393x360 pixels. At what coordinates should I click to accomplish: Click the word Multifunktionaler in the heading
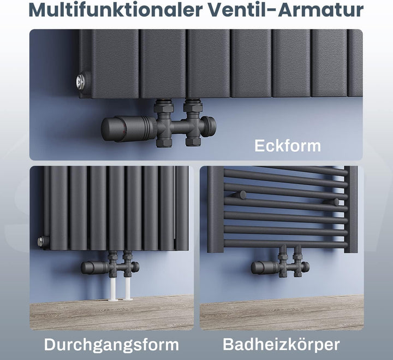(116, 9)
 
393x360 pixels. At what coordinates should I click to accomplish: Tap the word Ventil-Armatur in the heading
(286, 9)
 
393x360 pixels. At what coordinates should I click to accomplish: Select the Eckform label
(288, 145)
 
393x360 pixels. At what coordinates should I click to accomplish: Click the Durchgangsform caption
(111, 345)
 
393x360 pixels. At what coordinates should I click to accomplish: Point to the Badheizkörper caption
(281, 344)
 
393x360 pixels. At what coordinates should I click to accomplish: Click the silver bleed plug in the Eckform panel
(81, 81)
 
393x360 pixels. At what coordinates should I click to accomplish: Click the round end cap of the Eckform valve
(209, 126)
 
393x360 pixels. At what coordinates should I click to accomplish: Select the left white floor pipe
(113, 288)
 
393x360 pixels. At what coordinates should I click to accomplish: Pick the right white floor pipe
(128, 288)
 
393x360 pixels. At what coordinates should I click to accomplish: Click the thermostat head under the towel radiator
(265, 268)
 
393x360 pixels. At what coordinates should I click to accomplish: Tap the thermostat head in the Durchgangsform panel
(95, 268)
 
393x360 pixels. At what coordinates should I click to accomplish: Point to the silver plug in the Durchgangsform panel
(40, 242)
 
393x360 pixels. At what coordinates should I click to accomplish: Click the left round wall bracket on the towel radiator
(242, 194)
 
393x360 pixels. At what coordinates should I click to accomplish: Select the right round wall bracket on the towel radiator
(335, 202)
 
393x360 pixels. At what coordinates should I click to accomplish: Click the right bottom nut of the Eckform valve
(193, 142)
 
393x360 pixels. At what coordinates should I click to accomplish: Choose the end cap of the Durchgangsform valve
(135, 267)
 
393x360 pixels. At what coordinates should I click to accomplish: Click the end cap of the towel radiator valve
(306, 267)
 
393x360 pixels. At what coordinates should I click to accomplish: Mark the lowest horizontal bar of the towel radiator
(285, 243)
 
